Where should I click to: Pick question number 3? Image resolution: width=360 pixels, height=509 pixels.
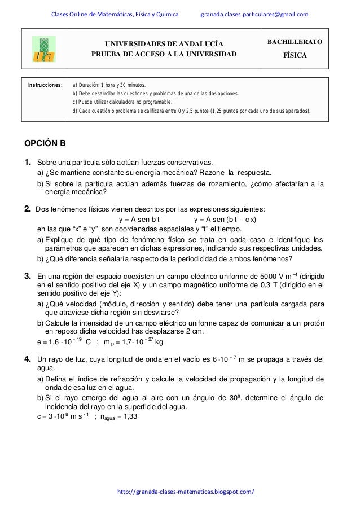pos(27,277)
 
